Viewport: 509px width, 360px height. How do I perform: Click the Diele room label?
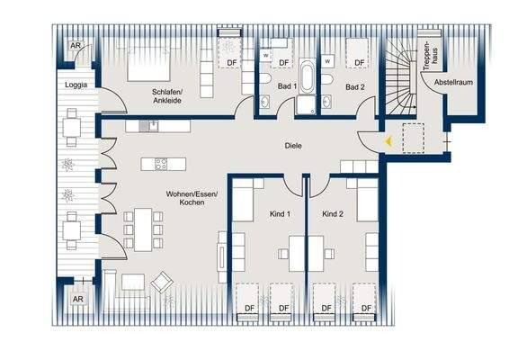pyautogui.click(x=292, y=145)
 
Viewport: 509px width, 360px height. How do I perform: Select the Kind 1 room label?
pyautogui.click(x=280, y=214)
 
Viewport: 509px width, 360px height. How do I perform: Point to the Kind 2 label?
pyautogui.click(x=333, y=214)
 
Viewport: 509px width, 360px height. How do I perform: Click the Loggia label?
pyautogui.click(x=76, y=85)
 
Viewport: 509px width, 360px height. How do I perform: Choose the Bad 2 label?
pyautogui.click(x=354, y=87)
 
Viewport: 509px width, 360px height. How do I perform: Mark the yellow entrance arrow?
pyautogui.click(x=388, y=140)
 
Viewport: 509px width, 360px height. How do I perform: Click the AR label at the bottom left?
pyautogui.click(x=77, y=299)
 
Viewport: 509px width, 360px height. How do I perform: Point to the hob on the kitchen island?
pyautogui.click(x=161, y=164)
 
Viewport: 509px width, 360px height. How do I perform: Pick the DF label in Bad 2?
pyautogui.click(x=359, y=62)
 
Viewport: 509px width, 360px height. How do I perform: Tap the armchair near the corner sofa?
pyautogui.click(x=163, y=283)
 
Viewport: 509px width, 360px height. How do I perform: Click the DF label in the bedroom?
pyautogui.click(x=232, y=62)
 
